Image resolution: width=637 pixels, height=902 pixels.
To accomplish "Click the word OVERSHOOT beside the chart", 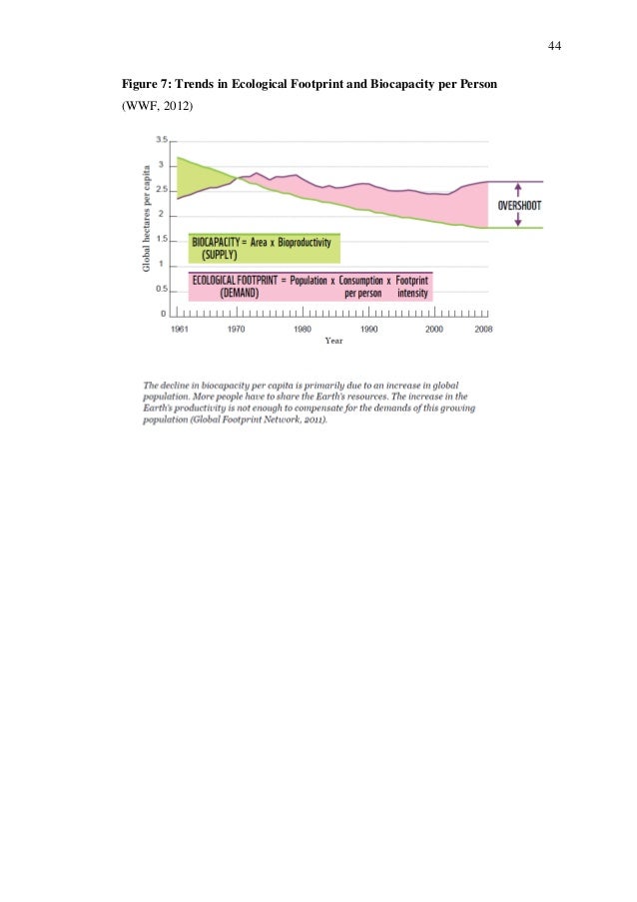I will [519, 205].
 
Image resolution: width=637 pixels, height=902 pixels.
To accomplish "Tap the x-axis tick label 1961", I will [180, 328].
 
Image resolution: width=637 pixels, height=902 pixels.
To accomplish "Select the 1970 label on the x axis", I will [237, 328].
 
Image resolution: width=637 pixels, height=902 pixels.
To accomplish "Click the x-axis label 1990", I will [368, 328].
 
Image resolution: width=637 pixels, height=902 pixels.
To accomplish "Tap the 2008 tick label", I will [481, 328].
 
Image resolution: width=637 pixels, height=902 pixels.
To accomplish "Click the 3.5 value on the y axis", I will [163, 140].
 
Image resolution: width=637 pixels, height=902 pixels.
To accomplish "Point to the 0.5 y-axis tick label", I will [163, 290].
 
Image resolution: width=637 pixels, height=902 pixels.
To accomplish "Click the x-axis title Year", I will [332, 340].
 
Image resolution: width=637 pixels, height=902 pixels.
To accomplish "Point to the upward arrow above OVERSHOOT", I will [519, 187].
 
